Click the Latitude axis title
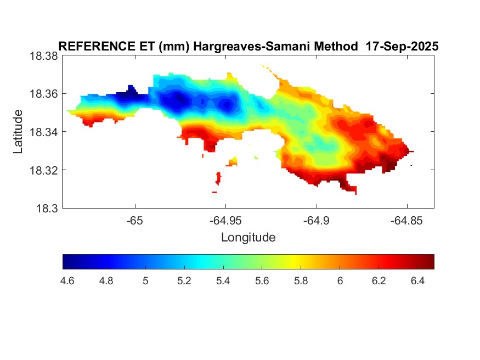(18, 132)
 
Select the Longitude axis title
(248, 238)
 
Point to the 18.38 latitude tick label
(43, 56)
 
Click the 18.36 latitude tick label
(43, 94)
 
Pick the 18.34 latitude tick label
(43, 132)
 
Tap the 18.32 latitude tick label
(43, 170)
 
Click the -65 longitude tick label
(135, 220)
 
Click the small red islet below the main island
(218, 178)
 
